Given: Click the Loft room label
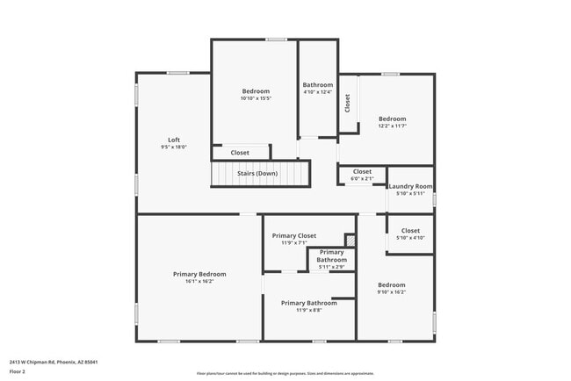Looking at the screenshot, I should pos(174,140).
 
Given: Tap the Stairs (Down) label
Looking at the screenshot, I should pos(257,173).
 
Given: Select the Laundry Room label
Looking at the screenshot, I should pos(410,186).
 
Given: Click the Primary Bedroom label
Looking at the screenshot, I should pos(199,274).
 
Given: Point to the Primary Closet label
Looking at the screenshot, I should pos(293,235).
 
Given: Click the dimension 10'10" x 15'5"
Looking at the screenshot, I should pos(256,98).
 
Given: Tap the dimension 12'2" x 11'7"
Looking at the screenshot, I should pos(392,126).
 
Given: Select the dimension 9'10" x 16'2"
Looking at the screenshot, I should pos(392,292).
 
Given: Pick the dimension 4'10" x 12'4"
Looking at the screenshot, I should pos(317,92).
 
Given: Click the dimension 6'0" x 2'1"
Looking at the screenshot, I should pos(362,178).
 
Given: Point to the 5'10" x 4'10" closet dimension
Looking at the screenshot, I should pos(410,238).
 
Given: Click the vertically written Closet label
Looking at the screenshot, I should pos(348,103).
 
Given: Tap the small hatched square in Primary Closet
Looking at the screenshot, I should pos(350,239).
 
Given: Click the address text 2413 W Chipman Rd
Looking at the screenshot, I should pos(54,361).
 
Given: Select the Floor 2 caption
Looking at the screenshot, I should pos(18,371).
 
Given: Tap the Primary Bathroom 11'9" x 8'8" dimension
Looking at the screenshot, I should pos(308,310).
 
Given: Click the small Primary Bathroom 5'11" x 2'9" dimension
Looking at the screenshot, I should pos(331,267).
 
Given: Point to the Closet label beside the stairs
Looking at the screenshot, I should pos(240,153).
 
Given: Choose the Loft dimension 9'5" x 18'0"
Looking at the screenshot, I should pos(174,147).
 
